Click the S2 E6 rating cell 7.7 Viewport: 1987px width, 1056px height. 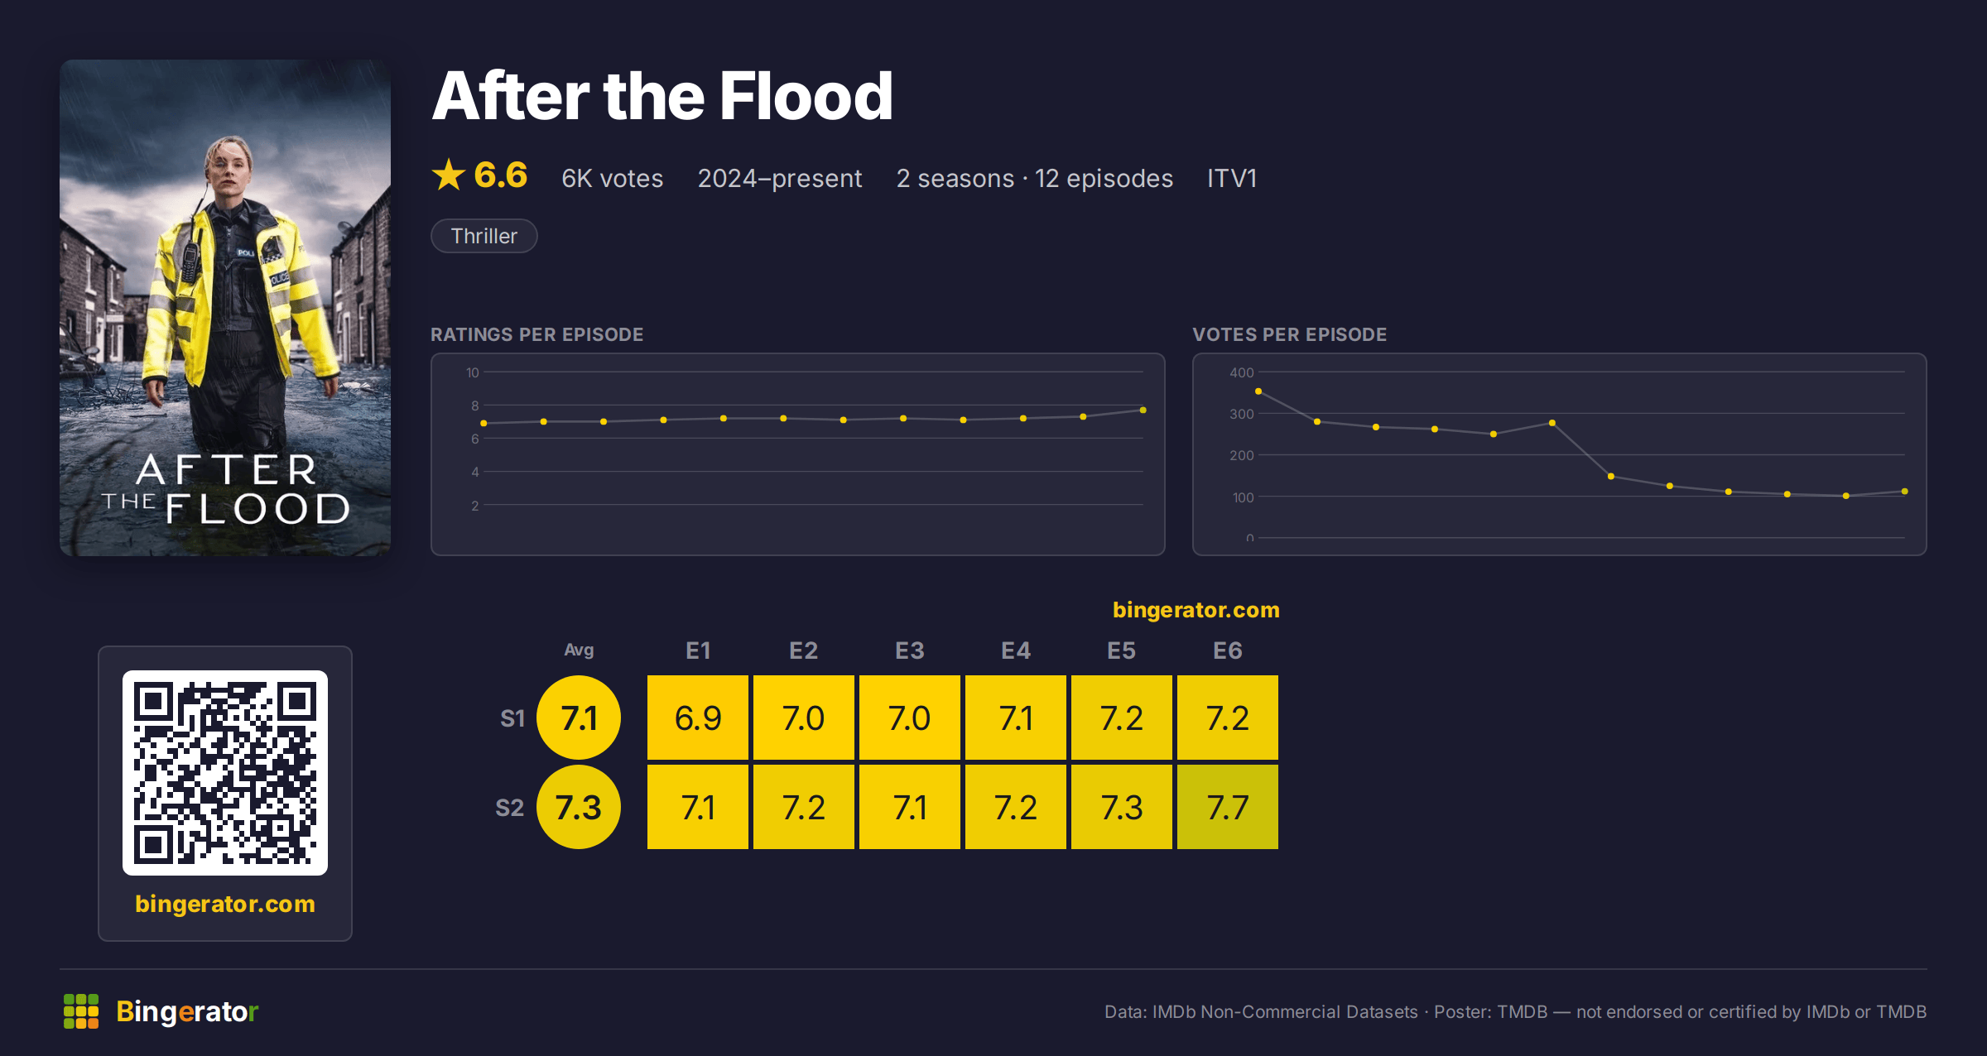coord(1228,807)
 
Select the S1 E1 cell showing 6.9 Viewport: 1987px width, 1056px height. coord(698,718)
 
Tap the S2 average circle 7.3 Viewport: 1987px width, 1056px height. coord(579,807)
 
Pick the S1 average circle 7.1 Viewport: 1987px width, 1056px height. coord(579,718)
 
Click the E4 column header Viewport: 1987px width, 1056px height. coord(1016,650)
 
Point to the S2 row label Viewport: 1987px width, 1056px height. coord(510,808)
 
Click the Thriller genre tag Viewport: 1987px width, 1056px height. coord(484,236)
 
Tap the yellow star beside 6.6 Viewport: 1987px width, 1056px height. coord(449,175)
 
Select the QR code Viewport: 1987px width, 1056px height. coord(225,773)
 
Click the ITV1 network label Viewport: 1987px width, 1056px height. coord(1232,178)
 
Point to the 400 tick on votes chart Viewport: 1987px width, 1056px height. coord(1242,372)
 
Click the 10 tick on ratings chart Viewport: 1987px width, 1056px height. coord(473,372)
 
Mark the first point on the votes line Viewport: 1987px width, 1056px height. coord(1258,391)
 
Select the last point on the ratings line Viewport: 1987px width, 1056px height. coord(1143,410)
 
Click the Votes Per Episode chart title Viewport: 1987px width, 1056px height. coord(1290,334)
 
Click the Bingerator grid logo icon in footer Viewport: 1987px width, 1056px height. coord(81,1011)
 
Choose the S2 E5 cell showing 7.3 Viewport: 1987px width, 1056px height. coord(1122,807)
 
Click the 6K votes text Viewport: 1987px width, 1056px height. coord(613,178)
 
